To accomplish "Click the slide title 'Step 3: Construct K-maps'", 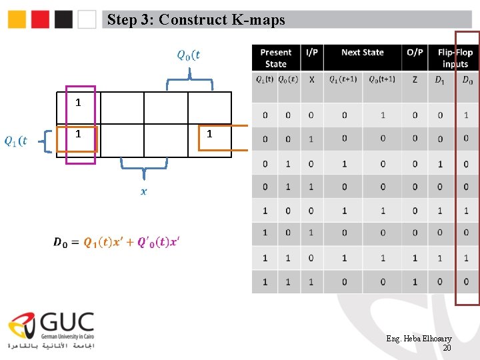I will [x=196, y=20].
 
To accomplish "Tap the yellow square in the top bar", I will [x=17, y=20].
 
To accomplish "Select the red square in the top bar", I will [x=41, y=20].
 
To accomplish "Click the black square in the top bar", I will [x=64, y=20].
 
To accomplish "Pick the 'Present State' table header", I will [x=275, y=58].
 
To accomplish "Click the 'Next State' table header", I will [x=362, y=53].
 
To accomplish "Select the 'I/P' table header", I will [x=311, y=53].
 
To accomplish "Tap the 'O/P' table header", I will [x=415, y=53].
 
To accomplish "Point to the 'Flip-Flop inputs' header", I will [x=455, y=58].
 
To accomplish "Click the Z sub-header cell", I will [x=415, y=80].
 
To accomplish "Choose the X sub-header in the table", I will [x=311, y=80].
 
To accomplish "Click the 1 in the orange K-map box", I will [x=209, y=134].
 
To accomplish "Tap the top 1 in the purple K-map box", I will [x=78, y=103].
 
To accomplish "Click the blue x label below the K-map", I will [x=143, y=192].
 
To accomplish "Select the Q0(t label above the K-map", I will [x=188, y=54].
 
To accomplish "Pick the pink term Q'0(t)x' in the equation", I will [x=159, y=242].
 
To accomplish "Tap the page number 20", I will [x=447, y=348].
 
